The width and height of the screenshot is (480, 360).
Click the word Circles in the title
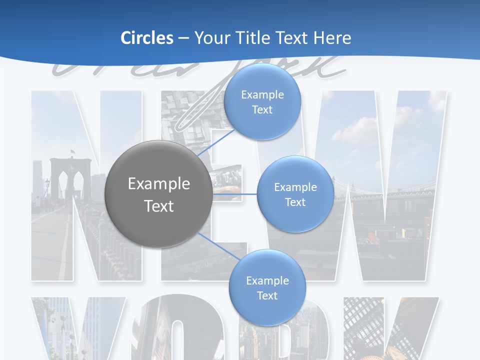[147, 38]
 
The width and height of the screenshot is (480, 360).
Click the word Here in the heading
[332, 38]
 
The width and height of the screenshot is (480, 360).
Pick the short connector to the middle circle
[235, 193]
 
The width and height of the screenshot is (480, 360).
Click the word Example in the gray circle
[159, 184]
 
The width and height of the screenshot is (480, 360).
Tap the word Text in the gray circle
[159, 206]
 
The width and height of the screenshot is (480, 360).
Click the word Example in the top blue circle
[262, 94]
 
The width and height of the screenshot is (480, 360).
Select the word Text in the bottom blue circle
[267, 295]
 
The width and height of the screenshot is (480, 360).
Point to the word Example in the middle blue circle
[295, 187]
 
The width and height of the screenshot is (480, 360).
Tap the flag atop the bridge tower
[73, 151]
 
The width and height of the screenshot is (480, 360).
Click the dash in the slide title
[183, 38]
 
